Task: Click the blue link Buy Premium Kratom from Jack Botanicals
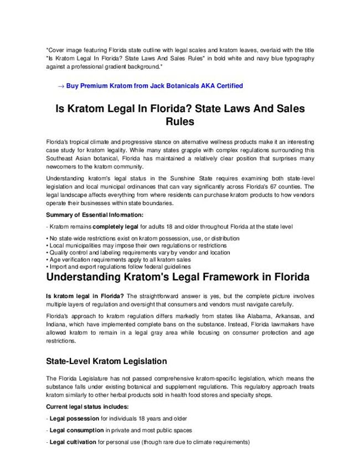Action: point(155,86)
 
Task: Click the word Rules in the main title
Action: point(180,121)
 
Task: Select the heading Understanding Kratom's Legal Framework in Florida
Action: point(178,276)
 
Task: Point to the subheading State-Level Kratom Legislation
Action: point(106,361)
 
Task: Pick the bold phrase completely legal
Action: point(116,227)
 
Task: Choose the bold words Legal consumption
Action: point(76,430)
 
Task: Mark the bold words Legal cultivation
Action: point(73,442)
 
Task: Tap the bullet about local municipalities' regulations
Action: point(137,245)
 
